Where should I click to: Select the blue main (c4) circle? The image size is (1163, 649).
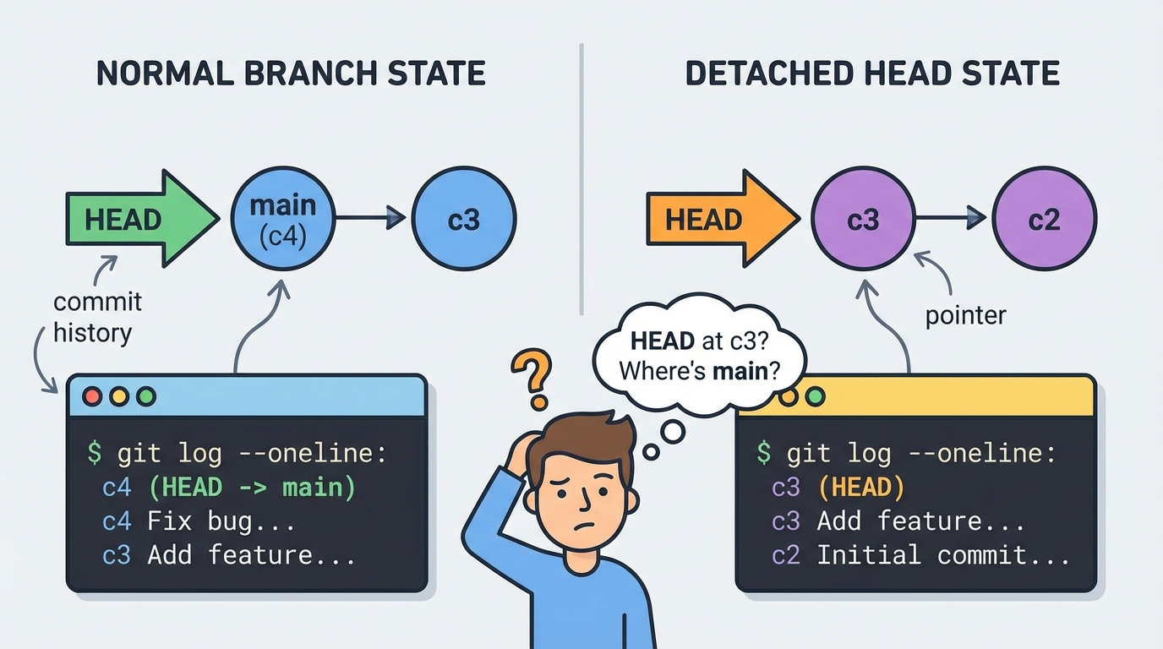tap(283, 218)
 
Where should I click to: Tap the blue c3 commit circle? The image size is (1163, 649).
tap(464, 219)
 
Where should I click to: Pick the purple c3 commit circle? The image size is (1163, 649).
tap(863, 219)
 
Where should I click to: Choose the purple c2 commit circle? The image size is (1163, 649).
tap(1044, 219)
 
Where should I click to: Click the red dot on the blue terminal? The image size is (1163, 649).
tap(91, 395)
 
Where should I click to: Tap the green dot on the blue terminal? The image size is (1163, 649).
tap(146, 395)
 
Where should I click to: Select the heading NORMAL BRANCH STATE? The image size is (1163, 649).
tap(291, 74)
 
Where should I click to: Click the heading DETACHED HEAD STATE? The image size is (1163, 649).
tap(872, 74)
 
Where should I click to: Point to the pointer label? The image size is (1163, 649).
tap(965, 316)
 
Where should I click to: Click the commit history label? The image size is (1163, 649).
tap(96, 317)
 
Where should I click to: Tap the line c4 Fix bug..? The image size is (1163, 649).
tap(199, 521)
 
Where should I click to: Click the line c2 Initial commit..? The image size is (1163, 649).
tap(921, 555)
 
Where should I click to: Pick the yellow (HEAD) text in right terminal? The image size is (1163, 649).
tap(861, 488)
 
